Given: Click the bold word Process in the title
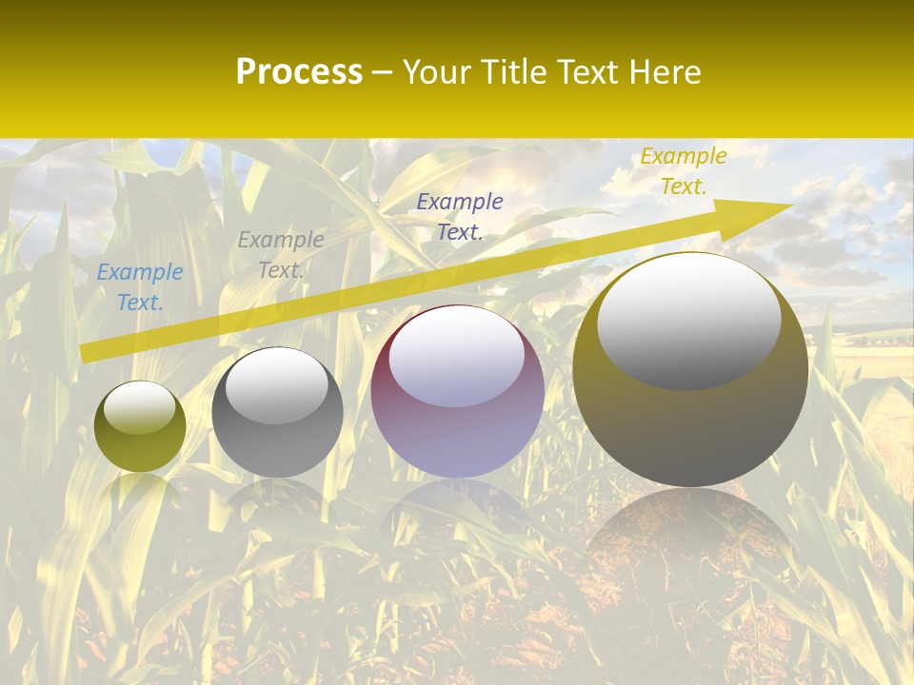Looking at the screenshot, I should (299, 72).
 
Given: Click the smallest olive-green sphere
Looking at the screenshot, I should (140, 427).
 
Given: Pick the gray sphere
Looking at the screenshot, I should (277, 412).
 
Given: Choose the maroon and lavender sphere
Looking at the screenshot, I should (457, 391).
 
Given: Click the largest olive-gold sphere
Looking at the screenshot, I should (690, 369).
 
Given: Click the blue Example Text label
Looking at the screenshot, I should (140, 286).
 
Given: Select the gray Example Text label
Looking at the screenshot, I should (280, 254).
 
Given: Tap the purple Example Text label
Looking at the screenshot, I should (460, 216).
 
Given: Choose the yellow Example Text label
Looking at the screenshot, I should (683, 171).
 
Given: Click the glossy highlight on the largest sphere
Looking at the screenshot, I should (688, 319).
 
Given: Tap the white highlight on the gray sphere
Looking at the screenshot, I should (276, 385).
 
